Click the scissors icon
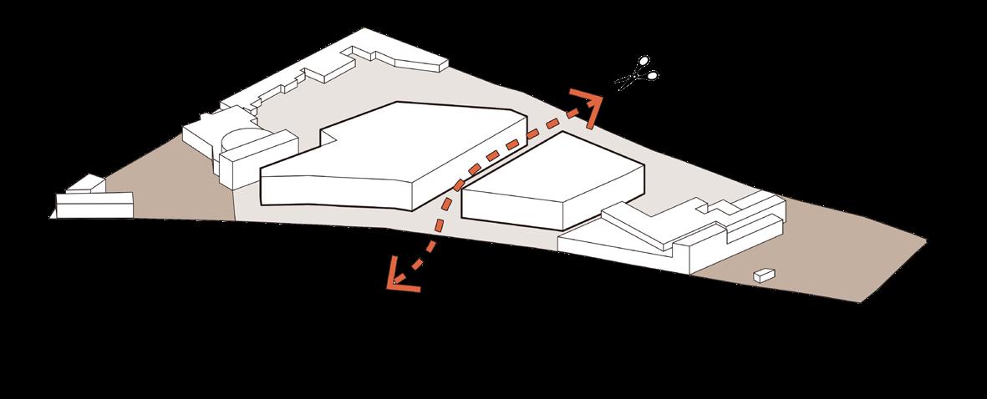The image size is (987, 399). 638,73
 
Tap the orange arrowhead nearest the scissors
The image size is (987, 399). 588,108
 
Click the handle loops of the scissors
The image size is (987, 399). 648,68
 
